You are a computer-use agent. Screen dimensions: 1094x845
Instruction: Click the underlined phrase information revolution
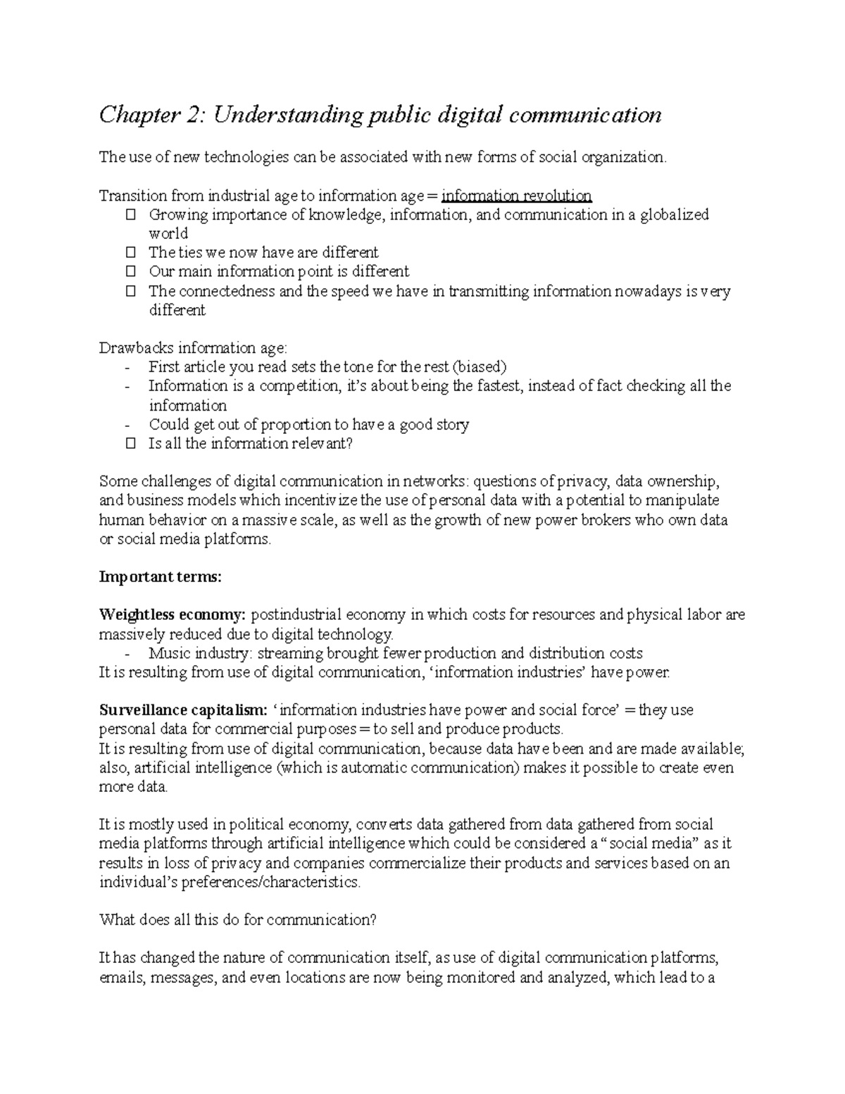click(x=516, y=196)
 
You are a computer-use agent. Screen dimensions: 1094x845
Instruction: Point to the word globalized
click(x=674, y=215)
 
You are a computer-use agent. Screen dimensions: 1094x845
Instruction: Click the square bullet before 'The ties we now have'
click(x=130, y=253)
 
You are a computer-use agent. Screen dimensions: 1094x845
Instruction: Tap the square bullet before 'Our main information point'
click(x=130, y=272)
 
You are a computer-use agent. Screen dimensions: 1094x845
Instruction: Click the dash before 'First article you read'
click(x=127, y=368)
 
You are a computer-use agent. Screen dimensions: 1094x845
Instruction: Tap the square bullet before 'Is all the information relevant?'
click(x=130, y=444)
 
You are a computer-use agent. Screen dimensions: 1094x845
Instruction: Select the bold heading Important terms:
click(x=161, y=578)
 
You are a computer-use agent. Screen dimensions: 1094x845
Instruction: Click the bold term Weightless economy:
click(x=173, y=615)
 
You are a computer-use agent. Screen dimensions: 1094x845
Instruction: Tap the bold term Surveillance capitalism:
click(x=183, y=710)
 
